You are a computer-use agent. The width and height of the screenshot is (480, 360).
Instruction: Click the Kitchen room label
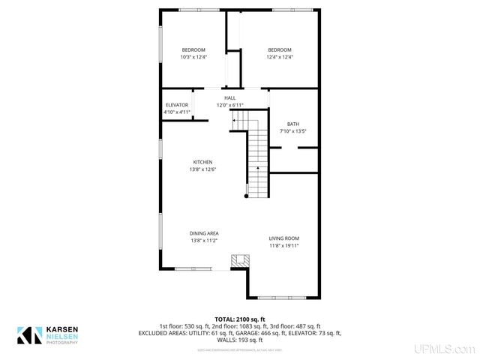[x=202, y=162]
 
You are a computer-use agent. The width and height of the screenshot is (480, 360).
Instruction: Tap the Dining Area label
[x=203, y=233]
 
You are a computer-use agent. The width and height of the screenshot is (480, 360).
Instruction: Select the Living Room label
[x=284, y=238]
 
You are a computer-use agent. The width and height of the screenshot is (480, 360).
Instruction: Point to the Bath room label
[x=292, y=124]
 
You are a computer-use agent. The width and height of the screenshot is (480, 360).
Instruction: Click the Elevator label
[x=176, y=105]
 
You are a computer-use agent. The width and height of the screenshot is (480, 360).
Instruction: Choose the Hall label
[x=229, y=97]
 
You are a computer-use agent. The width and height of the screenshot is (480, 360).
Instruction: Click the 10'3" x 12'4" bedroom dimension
[x=193, y=57]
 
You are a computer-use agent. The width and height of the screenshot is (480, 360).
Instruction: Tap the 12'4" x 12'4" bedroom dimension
[x=280, y=57]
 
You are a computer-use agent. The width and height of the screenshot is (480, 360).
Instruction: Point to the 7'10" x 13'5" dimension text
[x=292, y=131]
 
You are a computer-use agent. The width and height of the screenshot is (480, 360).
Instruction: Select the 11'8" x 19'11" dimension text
[x=284, y=246]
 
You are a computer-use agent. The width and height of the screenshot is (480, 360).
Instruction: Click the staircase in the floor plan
[x=257, y=157]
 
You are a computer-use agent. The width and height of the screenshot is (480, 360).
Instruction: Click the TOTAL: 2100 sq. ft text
[x=240, y=319]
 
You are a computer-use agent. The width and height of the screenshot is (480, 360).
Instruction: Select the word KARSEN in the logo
[x=62, y=329]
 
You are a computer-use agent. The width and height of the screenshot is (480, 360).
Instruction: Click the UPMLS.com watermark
[x=448, y=349]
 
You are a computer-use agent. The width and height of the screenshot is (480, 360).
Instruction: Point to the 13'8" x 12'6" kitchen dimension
[x=202, y=169]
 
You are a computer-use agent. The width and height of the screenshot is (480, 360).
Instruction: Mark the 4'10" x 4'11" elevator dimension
[x=176, y=112]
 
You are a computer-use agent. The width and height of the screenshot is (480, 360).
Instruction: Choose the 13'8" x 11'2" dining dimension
[x=203, y=241]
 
